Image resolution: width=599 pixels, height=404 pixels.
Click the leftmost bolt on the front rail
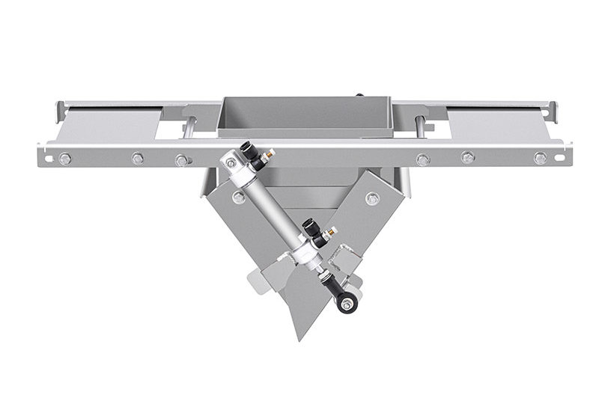[65, 159]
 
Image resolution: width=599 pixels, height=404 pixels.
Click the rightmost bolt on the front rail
[540, 159]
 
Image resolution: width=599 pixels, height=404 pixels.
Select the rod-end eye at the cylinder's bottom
[345, 304]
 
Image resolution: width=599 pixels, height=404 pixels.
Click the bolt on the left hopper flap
[238, 198]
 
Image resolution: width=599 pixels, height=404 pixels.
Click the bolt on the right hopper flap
[372, 198]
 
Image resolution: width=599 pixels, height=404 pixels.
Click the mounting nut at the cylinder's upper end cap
[231, 162]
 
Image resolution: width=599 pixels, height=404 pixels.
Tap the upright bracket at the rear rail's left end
[59, 111]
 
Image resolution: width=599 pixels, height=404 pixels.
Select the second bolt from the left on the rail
[138, 159]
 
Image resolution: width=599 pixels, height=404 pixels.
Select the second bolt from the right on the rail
[468, 159]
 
